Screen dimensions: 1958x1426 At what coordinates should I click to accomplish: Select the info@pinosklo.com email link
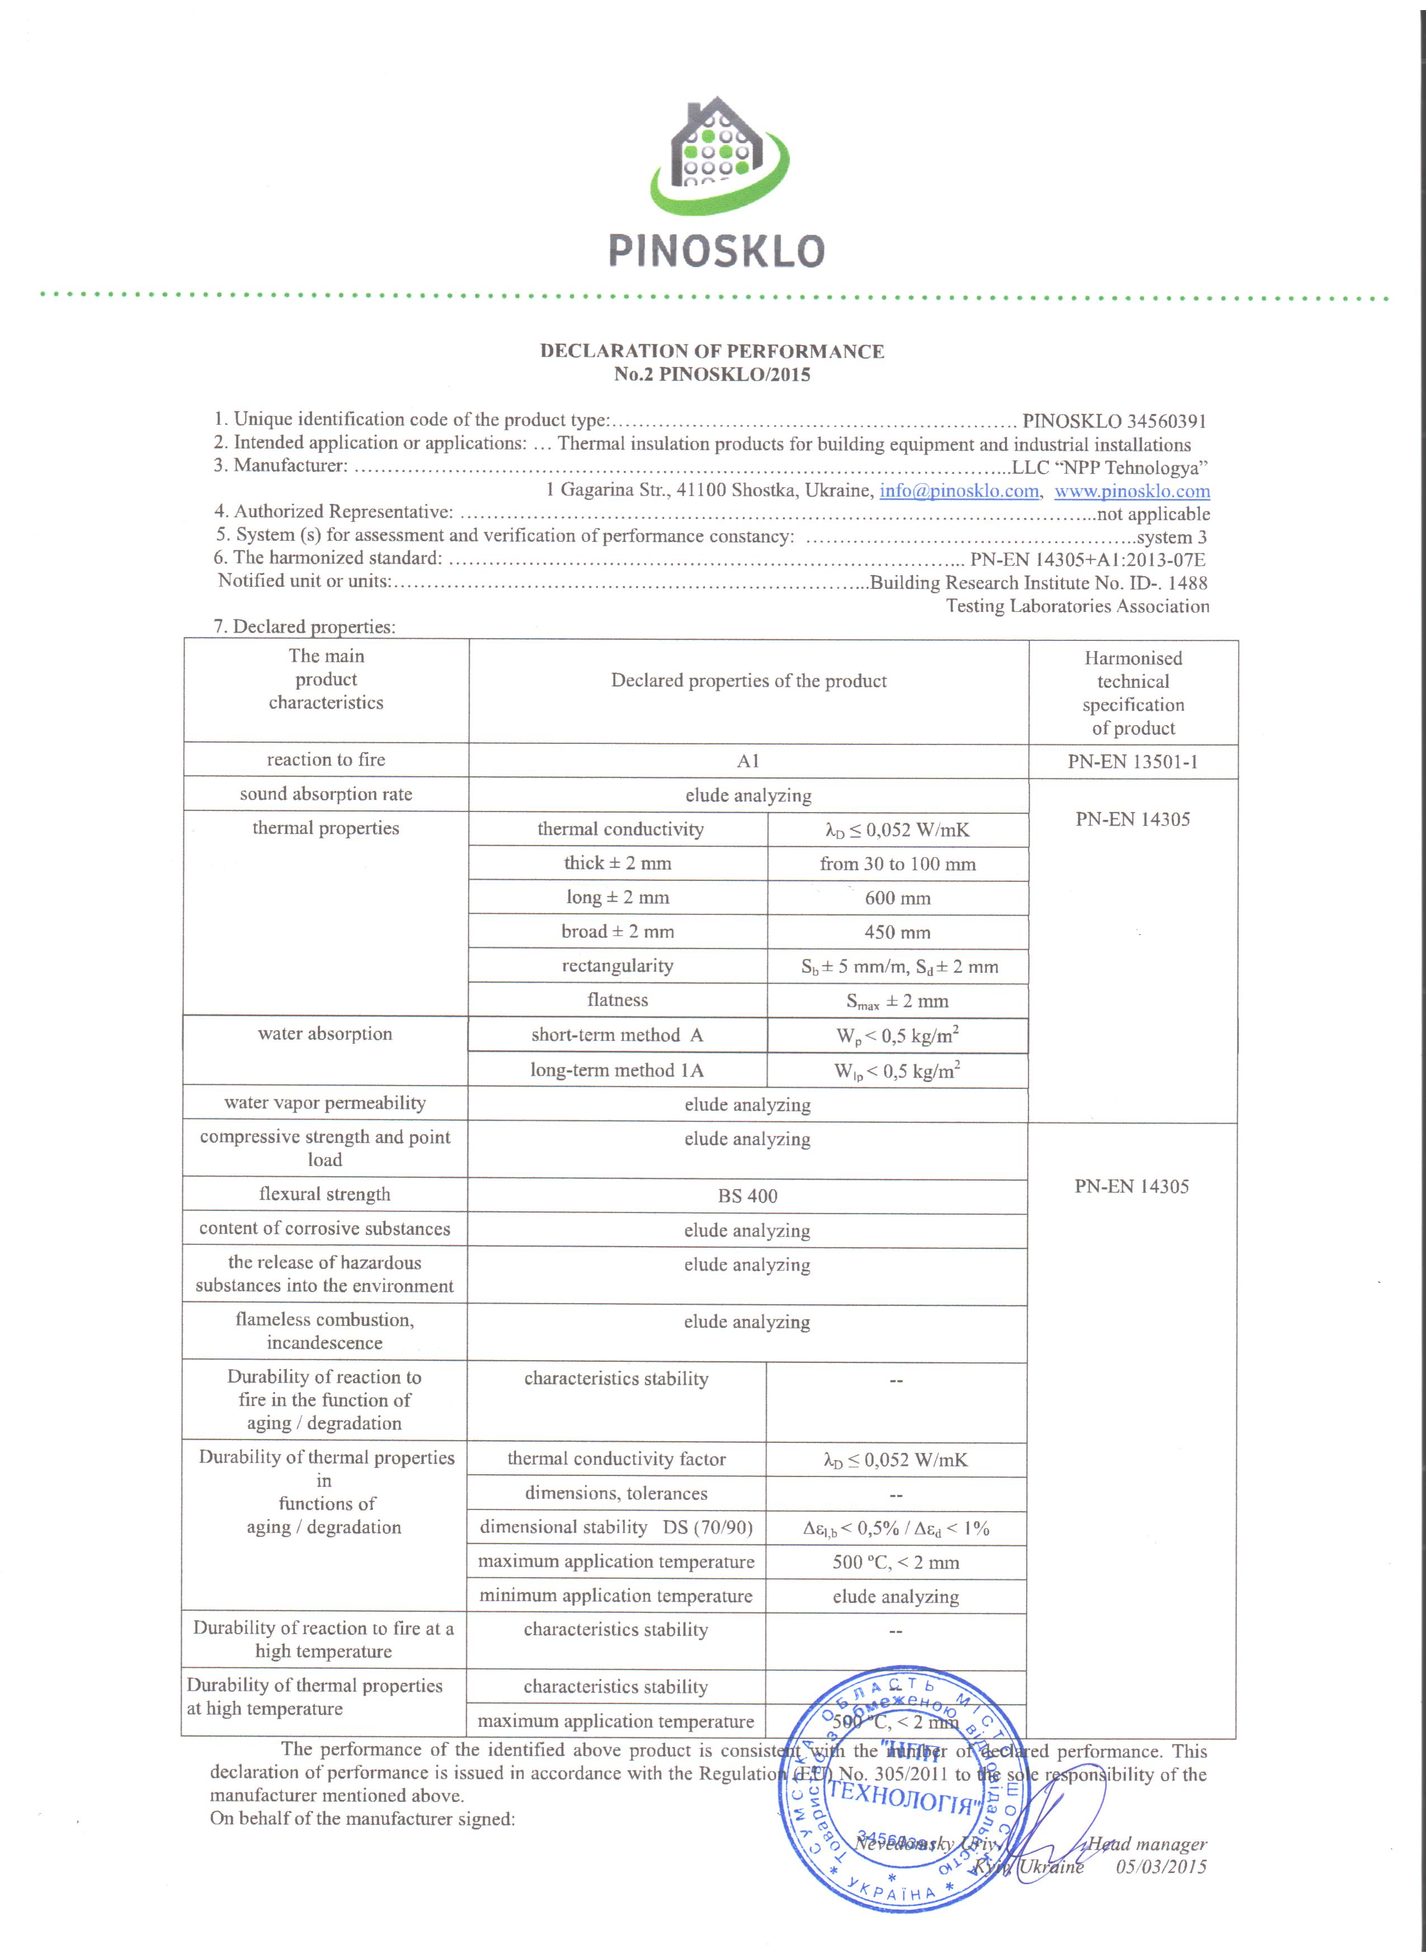(958, 491)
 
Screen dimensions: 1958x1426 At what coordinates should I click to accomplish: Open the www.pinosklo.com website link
(1132, 491)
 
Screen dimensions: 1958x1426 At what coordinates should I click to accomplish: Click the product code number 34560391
(1165, 421)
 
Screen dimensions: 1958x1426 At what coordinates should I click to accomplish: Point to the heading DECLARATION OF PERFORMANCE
(712, 351)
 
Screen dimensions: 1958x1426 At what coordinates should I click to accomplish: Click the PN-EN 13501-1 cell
(1132, 762)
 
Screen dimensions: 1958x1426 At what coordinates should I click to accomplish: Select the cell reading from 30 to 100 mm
(898, 864)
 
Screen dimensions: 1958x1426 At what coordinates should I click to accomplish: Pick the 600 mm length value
(898, 898)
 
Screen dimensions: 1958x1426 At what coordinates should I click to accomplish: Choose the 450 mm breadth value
(898, 932)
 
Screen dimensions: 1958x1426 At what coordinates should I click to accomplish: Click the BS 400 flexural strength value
(748, 1196)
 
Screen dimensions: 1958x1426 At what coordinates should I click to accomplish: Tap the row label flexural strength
(324, 1194)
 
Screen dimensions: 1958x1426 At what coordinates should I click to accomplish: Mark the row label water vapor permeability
(324, 1102)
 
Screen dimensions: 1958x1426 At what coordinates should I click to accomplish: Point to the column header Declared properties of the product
(748, 680)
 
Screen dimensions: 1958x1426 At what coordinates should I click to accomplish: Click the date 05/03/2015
(1161, 1866)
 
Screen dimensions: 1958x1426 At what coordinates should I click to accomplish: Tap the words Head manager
(1146, 1843)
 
